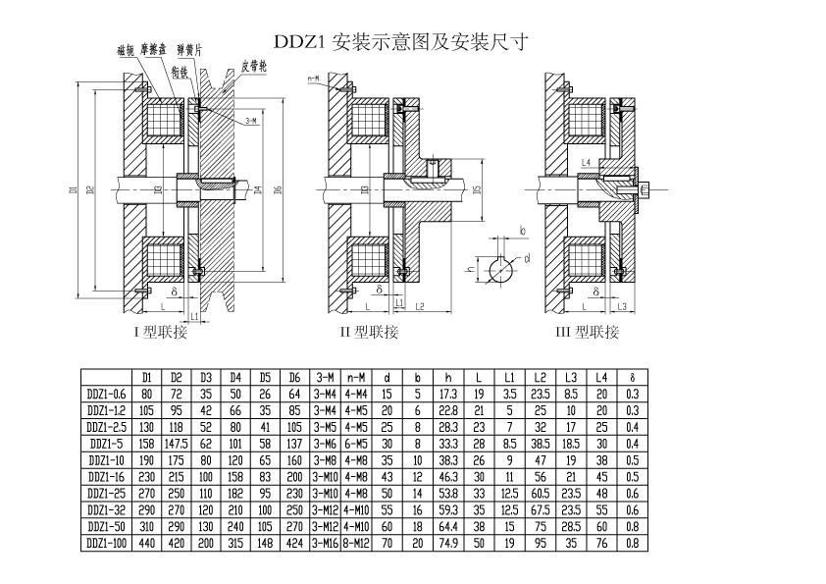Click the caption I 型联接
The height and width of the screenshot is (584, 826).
161,332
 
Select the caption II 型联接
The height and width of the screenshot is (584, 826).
369,332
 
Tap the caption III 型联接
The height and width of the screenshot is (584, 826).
588,332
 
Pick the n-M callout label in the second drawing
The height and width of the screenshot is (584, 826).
313,77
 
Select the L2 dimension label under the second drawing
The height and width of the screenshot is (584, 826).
419,307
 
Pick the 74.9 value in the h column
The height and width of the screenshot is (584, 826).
448,542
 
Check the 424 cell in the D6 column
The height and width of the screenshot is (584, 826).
295,542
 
